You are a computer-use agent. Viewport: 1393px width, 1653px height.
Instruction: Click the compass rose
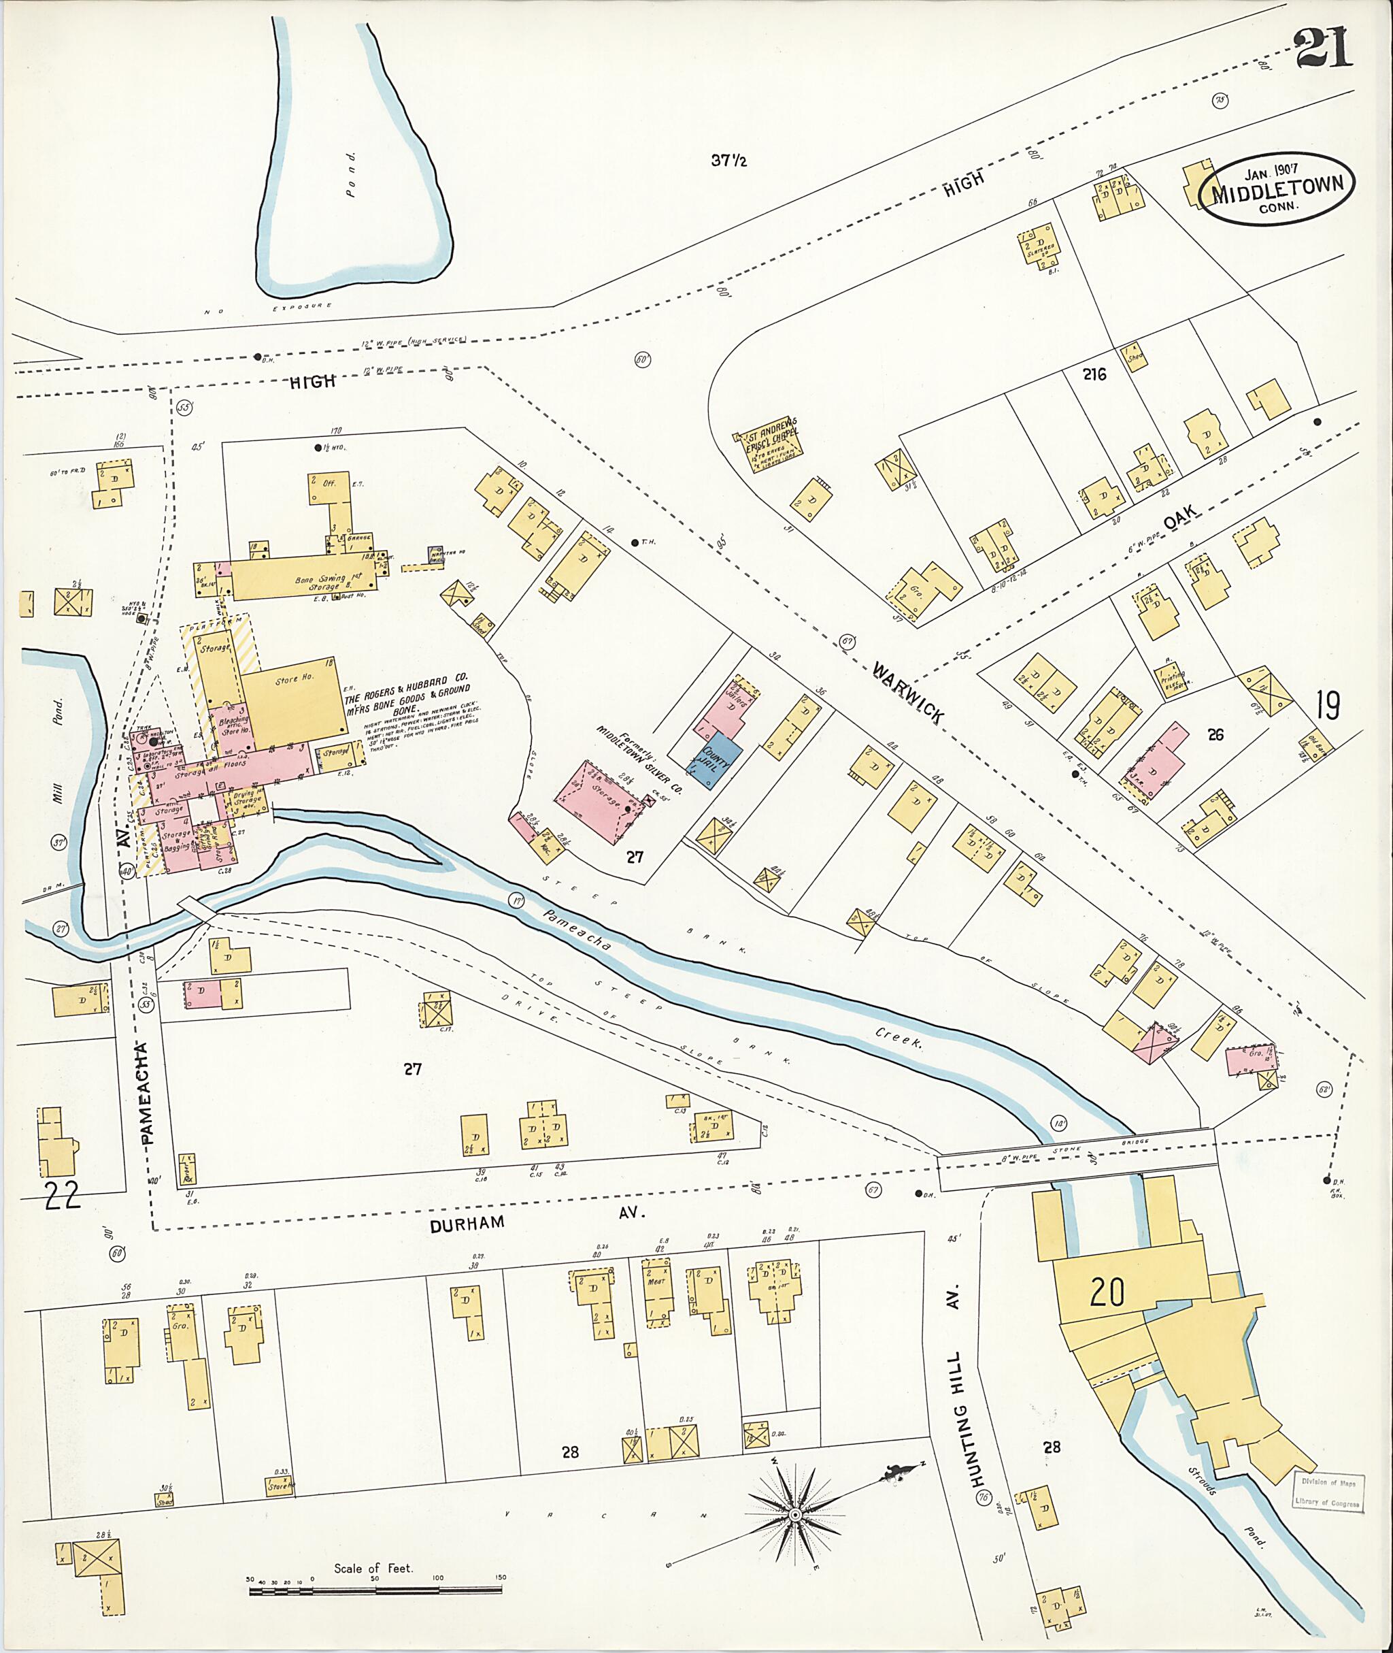(795, 1512)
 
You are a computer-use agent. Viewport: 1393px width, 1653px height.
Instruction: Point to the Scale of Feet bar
(377, 1590)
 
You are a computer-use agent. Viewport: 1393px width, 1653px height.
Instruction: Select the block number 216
(1094, 374)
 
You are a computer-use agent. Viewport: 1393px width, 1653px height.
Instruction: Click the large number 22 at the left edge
(62, 1197)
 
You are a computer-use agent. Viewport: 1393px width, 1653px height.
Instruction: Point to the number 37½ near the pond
(728, 161)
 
